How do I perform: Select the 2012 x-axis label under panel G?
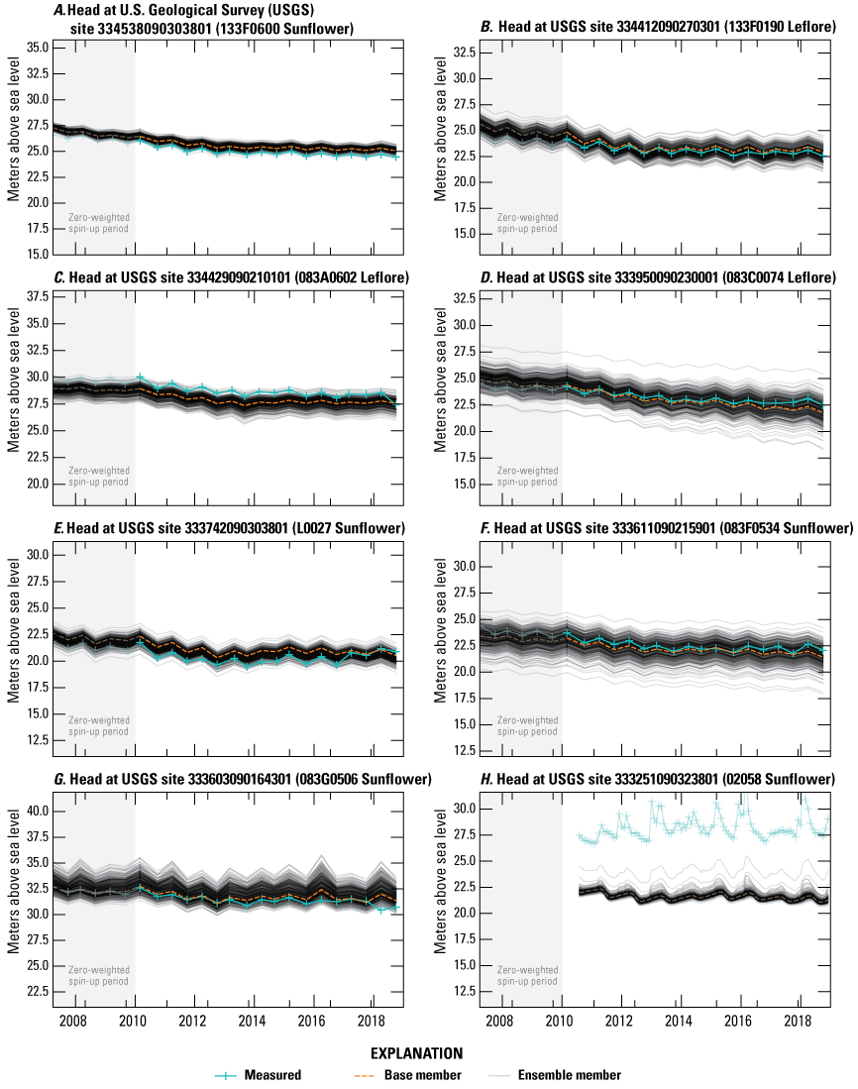pos(193,1022)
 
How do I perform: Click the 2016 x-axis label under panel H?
pos(739,1022)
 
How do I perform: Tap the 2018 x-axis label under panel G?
pos(372,1022)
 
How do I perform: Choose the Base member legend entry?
pos(427,1074)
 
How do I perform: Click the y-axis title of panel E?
pos(14,630)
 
